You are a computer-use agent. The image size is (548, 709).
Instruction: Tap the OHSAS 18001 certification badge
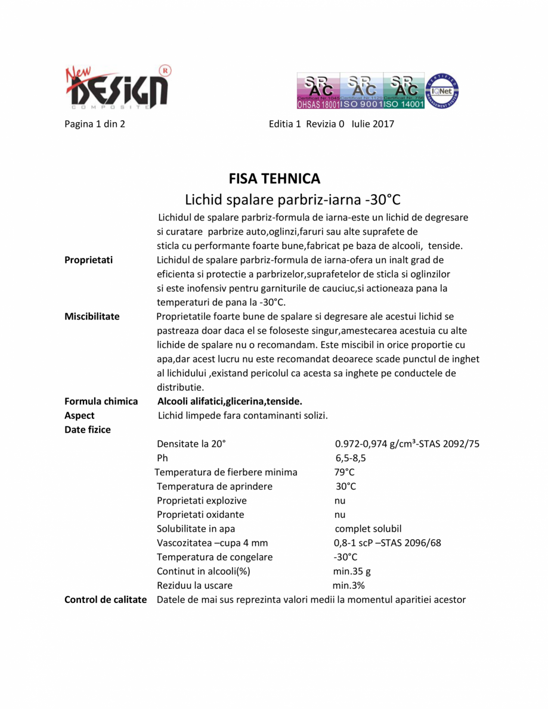tap(318, 91)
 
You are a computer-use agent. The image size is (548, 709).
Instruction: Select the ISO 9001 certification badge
tap(361, 91)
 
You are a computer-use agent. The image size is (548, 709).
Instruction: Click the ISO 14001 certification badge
tap(404, 91)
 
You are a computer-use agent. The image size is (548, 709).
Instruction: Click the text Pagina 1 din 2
tap(94, 124)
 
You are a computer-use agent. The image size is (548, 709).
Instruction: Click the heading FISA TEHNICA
tap(274, 178)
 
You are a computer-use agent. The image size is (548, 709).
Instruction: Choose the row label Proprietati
tap(89, 260)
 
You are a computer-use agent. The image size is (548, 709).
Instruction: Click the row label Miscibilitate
tap(92, 316)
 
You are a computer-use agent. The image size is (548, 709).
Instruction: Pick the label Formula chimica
tap(101, 402)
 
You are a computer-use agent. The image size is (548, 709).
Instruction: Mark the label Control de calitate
tap(106, 599)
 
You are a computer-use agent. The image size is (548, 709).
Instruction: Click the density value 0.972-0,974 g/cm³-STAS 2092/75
tap(407, 444)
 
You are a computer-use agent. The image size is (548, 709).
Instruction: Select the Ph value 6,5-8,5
tap(351, 458)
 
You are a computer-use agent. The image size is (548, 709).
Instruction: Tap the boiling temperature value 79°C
tap(345, 472)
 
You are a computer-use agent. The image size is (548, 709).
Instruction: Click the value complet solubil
tap(368, 529)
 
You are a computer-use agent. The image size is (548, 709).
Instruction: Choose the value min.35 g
tap(352, 571)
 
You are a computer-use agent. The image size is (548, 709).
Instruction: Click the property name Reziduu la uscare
tap(194, 586)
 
